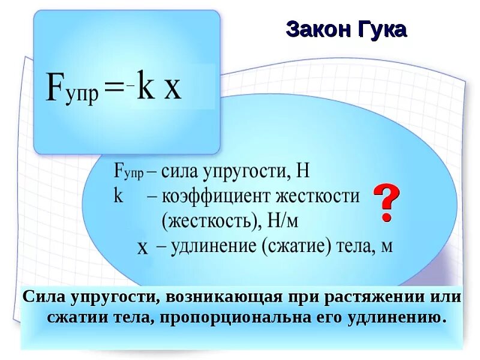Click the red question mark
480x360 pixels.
(386, 203)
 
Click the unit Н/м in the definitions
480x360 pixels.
(283, 221)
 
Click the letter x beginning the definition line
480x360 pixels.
(142, 247)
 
